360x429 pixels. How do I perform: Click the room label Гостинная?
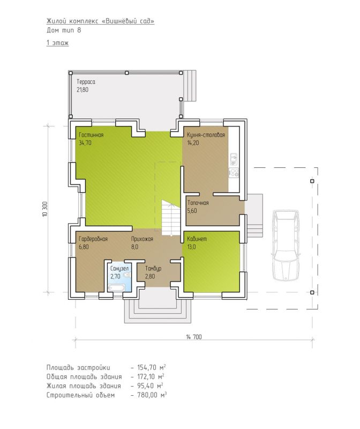[91, 135]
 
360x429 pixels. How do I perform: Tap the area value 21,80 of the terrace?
[82, 90]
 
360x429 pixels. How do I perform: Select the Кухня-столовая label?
[206, 135]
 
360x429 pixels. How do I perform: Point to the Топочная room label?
[198, 203]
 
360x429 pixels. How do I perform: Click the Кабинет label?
[197, 239]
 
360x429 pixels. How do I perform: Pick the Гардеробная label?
[93, 239]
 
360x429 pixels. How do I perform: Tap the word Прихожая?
[142, 239]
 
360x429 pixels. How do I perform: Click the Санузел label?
[119, 269]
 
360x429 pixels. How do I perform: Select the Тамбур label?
[153, 269]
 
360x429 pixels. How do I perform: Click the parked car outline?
[286, 245]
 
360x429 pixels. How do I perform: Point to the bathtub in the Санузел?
[116, 287]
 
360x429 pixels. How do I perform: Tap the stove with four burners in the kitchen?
[234, 173]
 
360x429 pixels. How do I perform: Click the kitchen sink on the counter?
[234, 159]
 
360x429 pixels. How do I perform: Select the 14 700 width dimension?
[194, 337]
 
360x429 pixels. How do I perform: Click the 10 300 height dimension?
[45, 209]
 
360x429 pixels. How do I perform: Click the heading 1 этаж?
[57, 43]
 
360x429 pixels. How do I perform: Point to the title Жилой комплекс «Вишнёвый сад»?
[100, 21]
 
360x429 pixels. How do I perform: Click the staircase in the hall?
[171, 218]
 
